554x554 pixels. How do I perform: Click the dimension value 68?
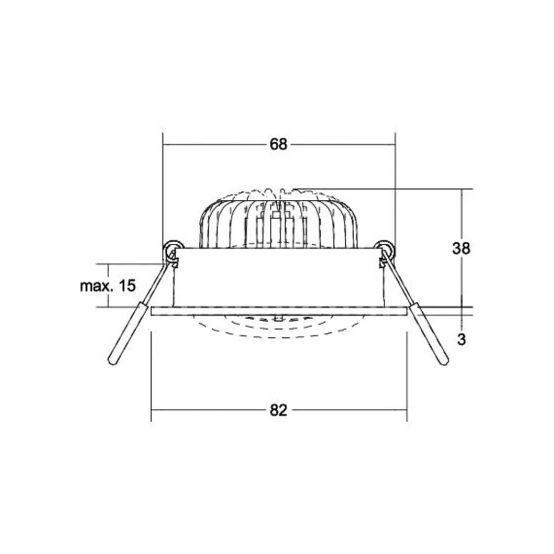(x=279, y=145)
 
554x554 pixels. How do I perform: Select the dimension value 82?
(x=279, y=411)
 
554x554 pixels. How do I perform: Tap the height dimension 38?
(x=460, y=249)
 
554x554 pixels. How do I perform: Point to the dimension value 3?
(x=460, y=340)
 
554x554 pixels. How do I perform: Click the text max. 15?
(x=107, y=286)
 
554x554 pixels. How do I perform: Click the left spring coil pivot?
(x=172, y=250)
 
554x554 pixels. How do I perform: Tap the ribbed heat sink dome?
(x=277, y=222)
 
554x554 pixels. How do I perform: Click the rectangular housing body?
(x=277, y=277)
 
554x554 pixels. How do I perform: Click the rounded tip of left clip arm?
(x=112, y=361)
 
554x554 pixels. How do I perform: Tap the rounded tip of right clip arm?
(x=444, y=361)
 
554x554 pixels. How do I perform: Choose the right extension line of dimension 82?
(x=407, y=377)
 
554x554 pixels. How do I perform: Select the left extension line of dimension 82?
(x=151, y=377)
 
